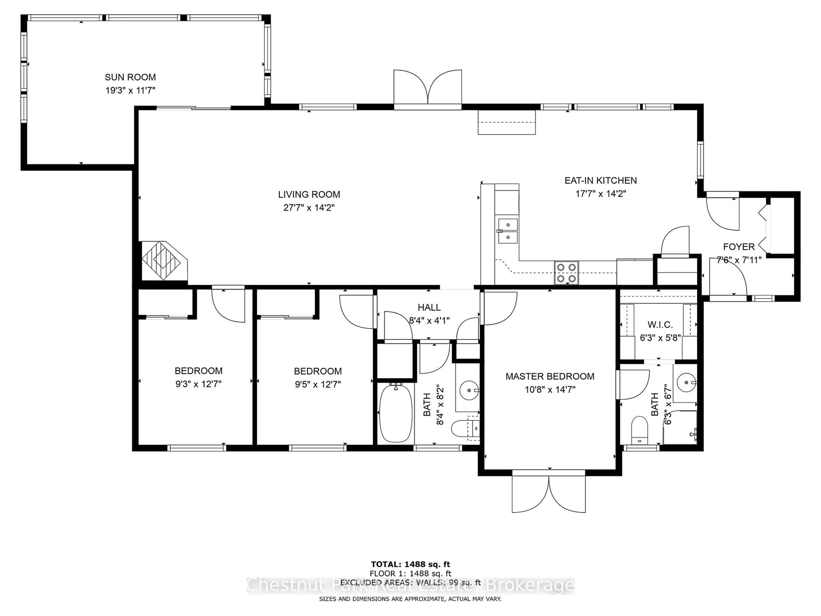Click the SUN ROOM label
click(x=130, y=77)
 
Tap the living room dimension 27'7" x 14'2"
click(x=309, y=207)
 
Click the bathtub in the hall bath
click(x=396, y=413)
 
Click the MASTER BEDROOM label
click(x=550, y=376)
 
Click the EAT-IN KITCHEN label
click(x=600, y=181)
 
